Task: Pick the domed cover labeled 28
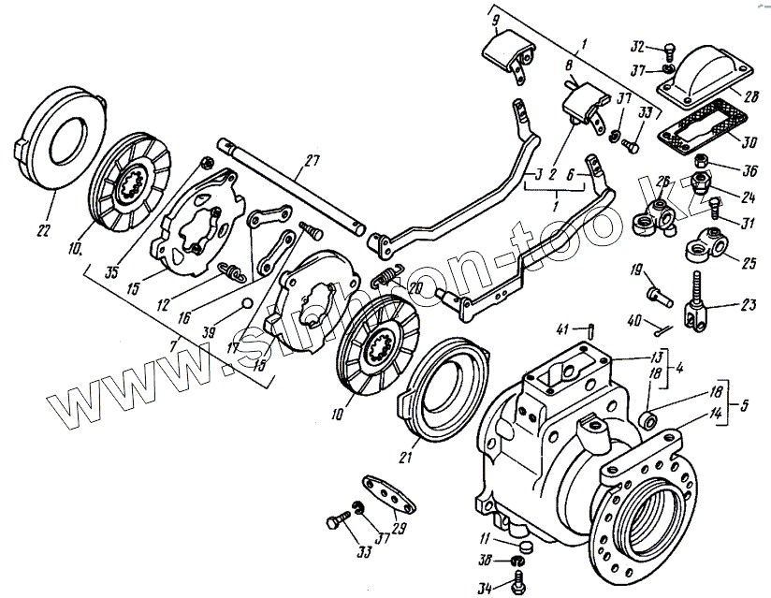point(705,76)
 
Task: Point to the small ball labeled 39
point(244,301)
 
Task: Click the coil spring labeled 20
point(385,277)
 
